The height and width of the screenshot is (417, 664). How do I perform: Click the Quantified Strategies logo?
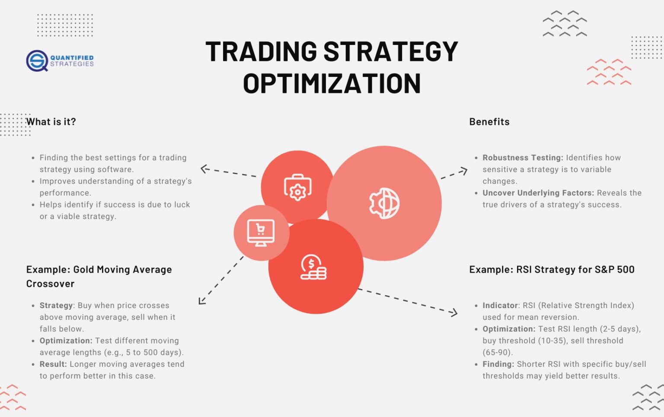(x=60, y=60)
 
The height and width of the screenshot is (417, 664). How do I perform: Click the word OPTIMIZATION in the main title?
(x=332, y=83)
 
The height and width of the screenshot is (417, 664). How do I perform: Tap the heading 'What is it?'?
(x=51, y=122)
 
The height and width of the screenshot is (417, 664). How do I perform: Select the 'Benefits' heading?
(x=489, y=122)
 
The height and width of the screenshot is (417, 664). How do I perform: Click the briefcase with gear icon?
(x=297, y=188)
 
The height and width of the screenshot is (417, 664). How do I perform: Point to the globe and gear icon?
(x=384, y=203)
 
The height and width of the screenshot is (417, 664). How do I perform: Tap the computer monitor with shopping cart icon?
(x=261, y=232)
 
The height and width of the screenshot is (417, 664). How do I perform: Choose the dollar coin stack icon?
(x=313, y=267)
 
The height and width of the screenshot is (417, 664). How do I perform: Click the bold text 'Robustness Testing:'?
(x=523, y=158)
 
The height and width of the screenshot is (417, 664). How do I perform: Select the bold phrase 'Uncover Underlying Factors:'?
(x=538, y=193)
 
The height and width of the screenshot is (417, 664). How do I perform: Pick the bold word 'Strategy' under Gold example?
(x=56, y=306)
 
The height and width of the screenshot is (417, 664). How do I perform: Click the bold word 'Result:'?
(x=53, y=364)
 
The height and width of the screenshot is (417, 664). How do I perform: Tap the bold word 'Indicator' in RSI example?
(x=500, y=306)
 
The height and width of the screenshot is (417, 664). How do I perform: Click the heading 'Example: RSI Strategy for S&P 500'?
(x=552, y=270)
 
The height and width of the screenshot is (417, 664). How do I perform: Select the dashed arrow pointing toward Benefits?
(x=454, y=173)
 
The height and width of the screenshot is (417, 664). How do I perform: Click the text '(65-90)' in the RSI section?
(x=497, y=352)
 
